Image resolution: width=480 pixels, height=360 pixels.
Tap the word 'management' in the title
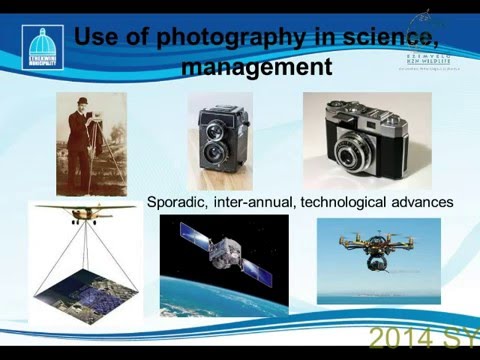pos(257,69)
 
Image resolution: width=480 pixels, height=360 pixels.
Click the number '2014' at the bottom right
pos(398,337)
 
